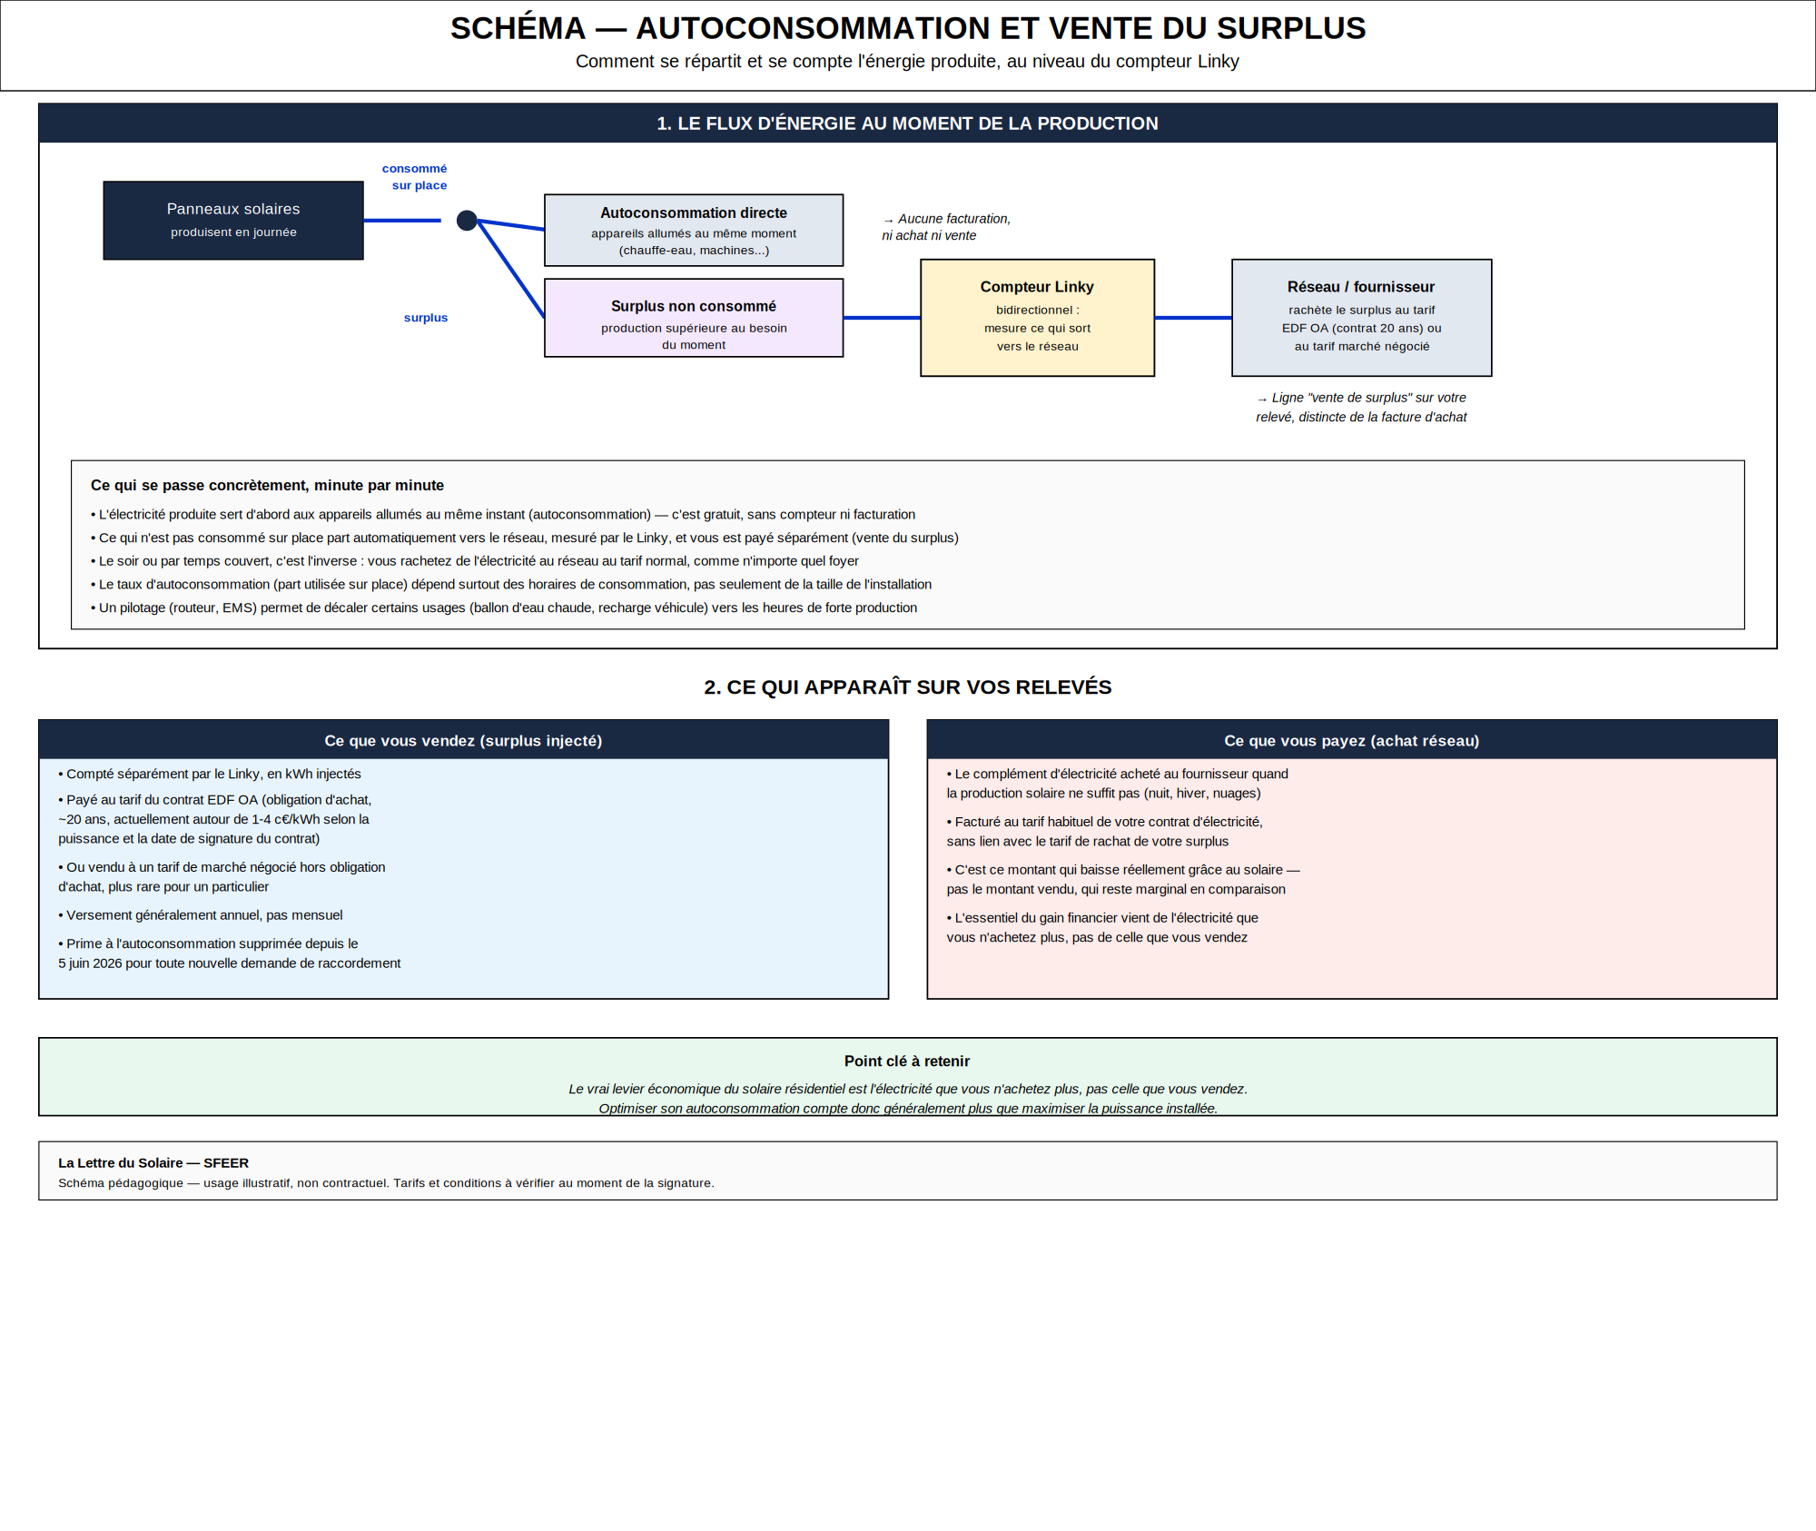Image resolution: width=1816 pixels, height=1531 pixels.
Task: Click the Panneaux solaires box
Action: coord(233,221)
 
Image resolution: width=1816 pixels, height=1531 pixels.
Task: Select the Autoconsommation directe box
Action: coord(694,231)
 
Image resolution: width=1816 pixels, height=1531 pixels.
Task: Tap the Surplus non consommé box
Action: coord(694,318)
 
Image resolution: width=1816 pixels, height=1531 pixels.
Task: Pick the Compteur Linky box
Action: coord(1038,318)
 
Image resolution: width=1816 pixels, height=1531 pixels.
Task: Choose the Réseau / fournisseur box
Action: coord(1362,318)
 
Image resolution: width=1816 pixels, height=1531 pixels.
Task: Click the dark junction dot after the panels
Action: coord(467,221)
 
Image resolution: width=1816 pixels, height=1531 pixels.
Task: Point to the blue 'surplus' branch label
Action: coord(426,318)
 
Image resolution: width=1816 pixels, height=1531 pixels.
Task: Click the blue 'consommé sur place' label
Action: coord(415,177)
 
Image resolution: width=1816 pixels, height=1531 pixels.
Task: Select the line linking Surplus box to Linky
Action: coord(882,318)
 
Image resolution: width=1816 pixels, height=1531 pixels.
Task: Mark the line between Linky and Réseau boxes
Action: coord(1193,318)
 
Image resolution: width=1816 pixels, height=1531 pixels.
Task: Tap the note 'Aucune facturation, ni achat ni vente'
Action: coord(946,227)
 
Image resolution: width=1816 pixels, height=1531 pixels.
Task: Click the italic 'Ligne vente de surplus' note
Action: coord(1361,408)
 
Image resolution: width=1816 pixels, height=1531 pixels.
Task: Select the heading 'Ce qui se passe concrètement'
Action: coord(267,486)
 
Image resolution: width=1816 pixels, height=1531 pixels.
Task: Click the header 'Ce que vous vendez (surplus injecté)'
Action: coord(463,741)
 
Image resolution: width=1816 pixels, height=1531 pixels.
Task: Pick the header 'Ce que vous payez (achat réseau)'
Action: coord(1352,741)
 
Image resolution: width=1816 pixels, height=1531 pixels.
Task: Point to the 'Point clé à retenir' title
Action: coord(907,1062)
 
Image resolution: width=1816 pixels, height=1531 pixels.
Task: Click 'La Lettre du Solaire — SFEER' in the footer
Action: coord(153,1163)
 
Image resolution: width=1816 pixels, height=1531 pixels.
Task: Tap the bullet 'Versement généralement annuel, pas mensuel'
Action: coord(201,915)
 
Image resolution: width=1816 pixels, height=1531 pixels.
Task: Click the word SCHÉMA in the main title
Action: coord(518,28)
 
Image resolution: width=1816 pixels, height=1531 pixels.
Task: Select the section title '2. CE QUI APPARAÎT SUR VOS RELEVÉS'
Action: coord(908,687)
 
